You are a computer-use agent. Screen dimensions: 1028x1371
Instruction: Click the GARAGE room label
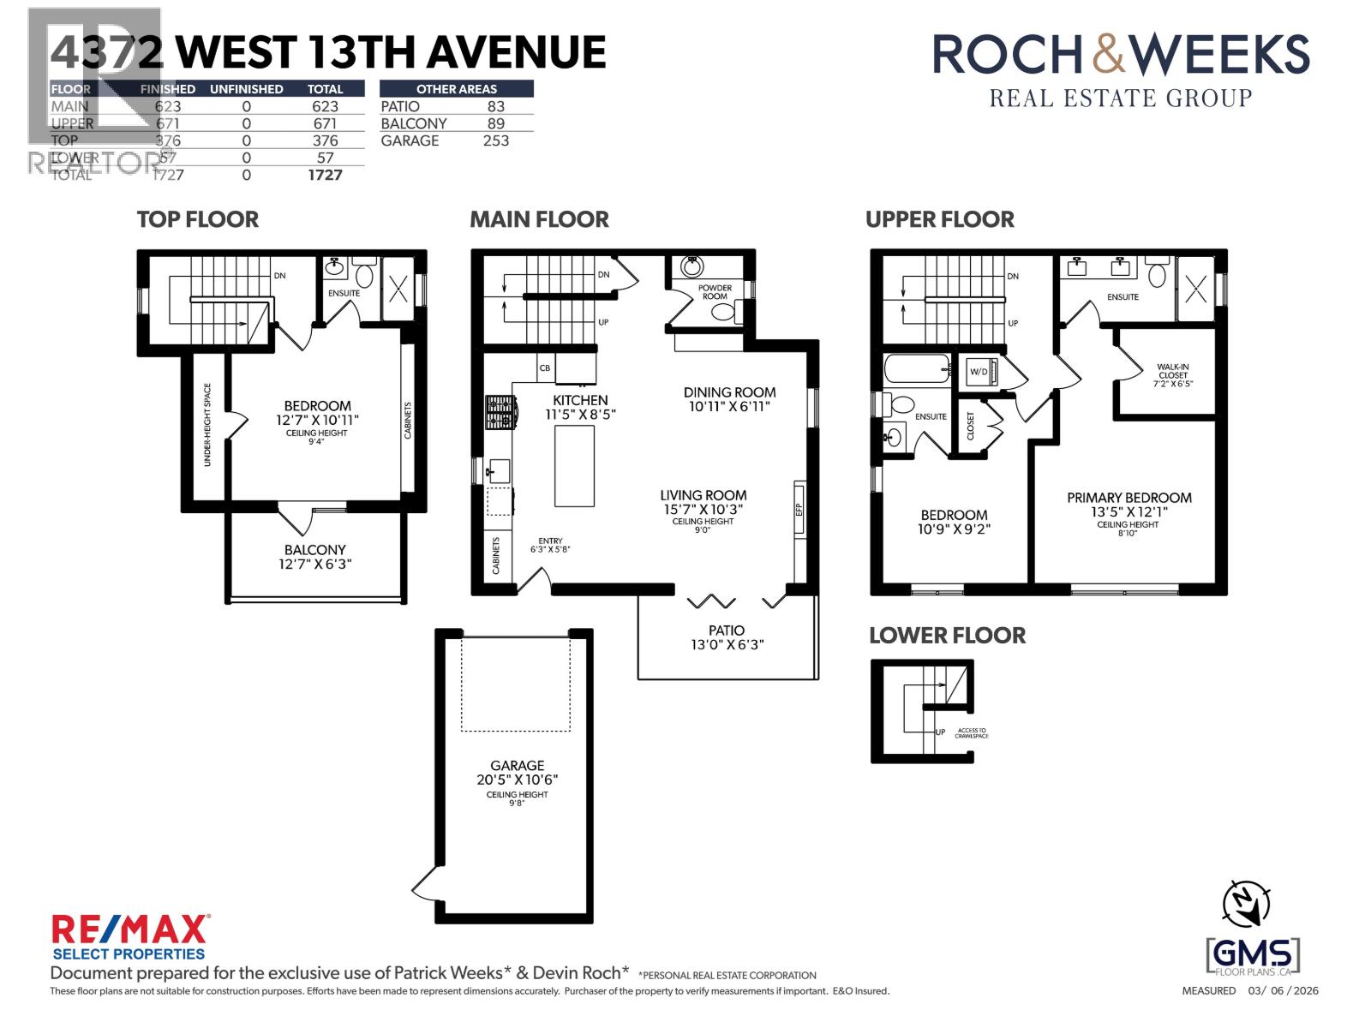(517, 766)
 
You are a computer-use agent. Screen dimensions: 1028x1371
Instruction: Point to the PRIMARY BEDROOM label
(1129, 498)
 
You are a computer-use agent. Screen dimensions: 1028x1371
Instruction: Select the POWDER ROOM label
(715, 292)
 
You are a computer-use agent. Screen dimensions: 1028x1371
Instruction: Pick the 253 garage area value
(495, 141)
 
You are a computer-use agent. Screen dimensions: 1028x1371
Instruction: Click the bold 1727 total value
(325, 175)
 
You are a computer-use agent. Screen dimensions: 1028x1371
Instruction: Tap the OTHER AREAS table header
(456, 89)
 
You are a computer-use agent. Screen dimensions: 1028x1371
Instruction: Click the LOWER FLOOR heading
(947, 636)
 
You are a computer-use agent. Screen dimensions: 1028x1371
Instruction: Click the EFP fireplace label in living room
(799, 508)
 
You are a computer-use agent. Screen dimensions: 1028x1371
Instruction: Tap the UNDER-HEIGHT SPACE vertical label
(207, 425)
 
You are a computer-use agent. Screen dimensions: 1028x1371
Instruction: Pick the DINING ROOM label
(729, 393)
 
